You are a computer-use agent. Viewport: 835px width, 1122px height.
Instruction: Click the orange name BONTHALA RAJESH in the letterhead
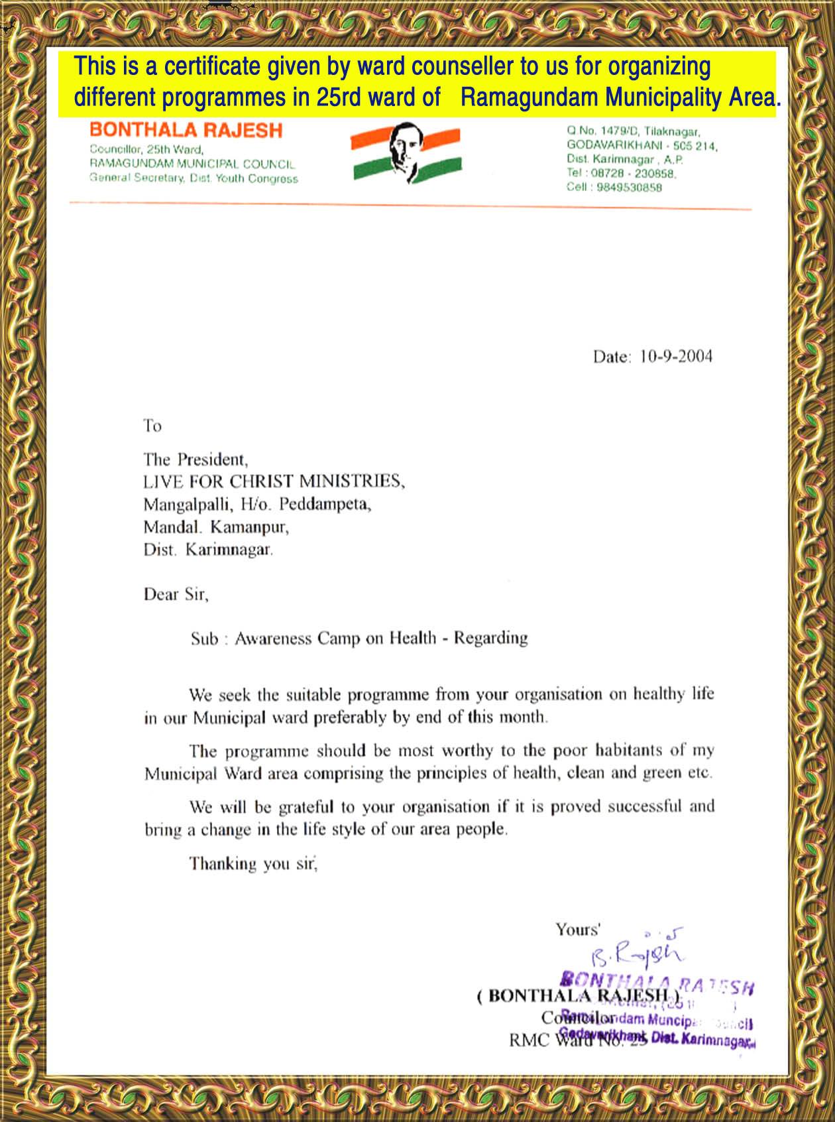[186, 130]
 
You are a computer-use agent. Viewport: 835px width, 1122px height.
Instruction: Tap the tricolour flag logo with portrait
[406, 153]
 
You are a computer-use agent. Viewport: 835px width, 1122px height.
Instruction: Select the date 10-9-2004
[676, 357]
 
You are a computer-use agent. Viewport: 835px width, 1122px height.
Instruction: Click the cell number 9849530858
[629, 188]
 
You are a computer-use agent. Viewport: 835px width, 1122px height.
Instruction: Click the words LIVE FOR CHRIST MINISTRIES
[273, 481]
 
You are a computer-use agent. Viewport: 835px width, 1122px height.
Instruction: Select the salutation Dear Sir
[176, 594]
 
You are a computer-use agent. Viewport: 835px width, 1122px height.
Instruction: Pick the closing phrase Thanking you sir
[253, 863]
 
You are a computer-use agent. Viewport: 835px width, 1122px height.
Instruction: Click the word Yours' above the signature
[577, 930]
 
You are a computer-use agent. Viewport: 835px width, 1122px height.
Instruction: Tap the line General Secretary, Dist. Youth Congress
[194, 178]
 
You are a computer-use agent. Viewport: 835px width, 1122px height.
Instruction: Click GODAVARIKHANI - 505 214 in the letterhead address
[641, 145]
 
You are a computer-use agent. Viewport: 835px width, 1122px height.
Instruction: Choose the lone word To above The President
[152, 426]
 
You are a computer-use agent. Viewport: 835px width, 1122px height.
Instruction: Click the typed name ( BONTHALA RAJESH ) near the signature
[578, 995]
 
